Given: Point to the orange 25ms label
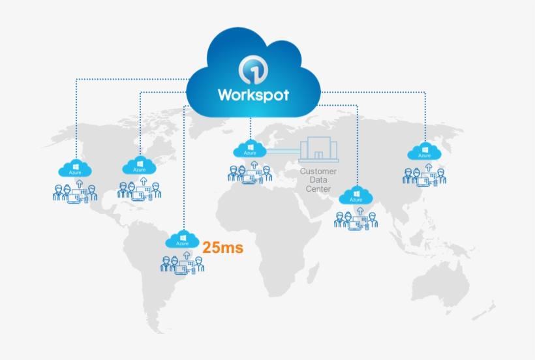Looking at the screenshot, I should [222, 248].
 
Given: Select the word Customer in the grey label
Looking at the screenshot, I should [318, 172].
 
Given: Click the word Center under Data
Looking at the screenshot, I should [318, 189].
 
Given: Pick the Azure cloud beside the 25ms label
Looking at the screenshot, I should [183, 239].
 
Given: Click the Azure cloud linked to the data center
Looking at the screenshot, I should [250, 149].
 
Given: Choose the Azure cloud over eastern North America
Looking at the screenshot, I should [139, 165].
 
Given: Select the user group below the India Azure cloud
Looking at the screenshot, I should [356, 219].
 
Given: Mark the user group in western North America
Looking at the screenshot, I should [74, 192].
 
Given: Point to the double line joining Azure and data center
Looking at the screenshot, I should [283, 151].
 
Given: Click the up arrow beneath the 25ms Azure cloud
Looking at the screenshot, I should [183, 252].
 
